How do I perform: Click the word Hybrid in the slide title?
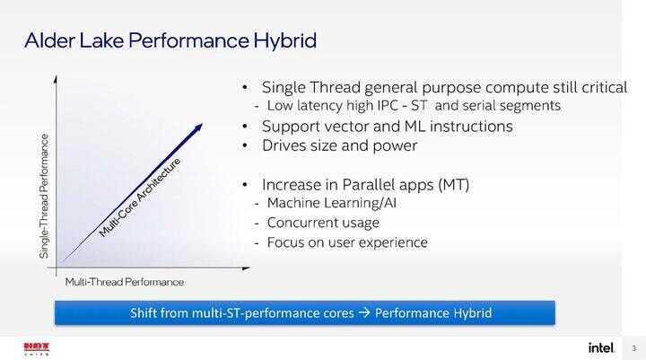pos(284,41)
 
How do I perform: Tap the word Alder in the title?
pos(49,40)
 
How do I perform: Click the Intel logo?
pos(601,347)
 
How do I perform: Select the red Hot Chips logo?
pos(37,349)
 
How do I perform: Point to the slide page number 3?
pos(634,348)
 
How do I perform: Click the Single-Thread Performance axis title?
pos(44,197)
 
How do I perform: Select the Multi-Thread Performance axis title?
pos(125,282)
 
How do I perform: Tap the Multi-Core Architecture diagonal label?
pos(140,198)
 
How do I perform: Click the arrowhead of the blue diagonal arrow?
pos(197,127)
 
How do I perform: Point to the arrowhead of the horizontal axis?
pos(247,268)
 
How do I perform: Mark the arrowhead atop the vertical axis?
pos(56,78)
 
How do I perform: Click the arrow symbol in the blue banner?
pos(364,312)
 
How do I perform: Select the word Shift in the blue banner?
pos(143,312)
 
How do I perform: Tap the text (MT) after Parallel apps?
pos(454,185)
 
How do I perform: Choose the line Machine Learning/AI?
pos(332,203)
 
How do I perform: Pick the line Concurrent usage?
pos(323,223)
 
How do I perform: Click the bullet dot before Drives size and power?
pos(245,145)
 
